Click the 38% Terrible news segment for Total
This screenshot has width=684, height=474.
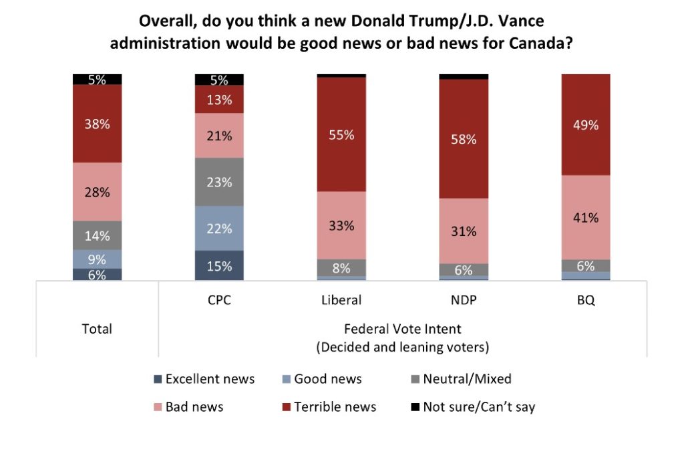(98, 124)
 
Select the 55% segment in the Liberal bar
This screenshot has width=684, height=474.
(341, 134)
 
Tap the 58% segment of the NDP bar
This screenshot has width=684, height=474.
(463, 139)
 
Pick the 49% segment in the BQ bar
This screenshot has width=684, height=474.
(586, 125)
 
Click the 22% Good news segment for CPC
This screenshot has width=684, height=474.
(219, 228)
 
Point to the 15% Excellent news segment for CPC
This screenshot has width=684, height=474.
(219, 265)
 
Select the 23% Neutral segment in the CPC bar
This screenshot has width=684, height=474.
(219, 182)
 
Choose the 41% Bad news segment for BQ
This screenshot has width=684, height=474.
(586, 217)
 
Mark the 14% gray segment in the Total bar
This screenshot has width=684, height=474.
(98, 235)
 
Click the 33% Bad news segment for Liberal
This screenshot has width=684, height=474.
(341, 225)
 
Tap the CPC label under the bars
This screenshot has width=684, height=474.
(219, 300)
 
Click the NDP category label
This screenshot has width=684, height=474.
(463, 300)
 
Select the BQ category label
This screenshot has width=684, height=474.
(586, 300)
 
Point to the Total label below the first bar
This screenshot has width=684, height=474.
(98, 329)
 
